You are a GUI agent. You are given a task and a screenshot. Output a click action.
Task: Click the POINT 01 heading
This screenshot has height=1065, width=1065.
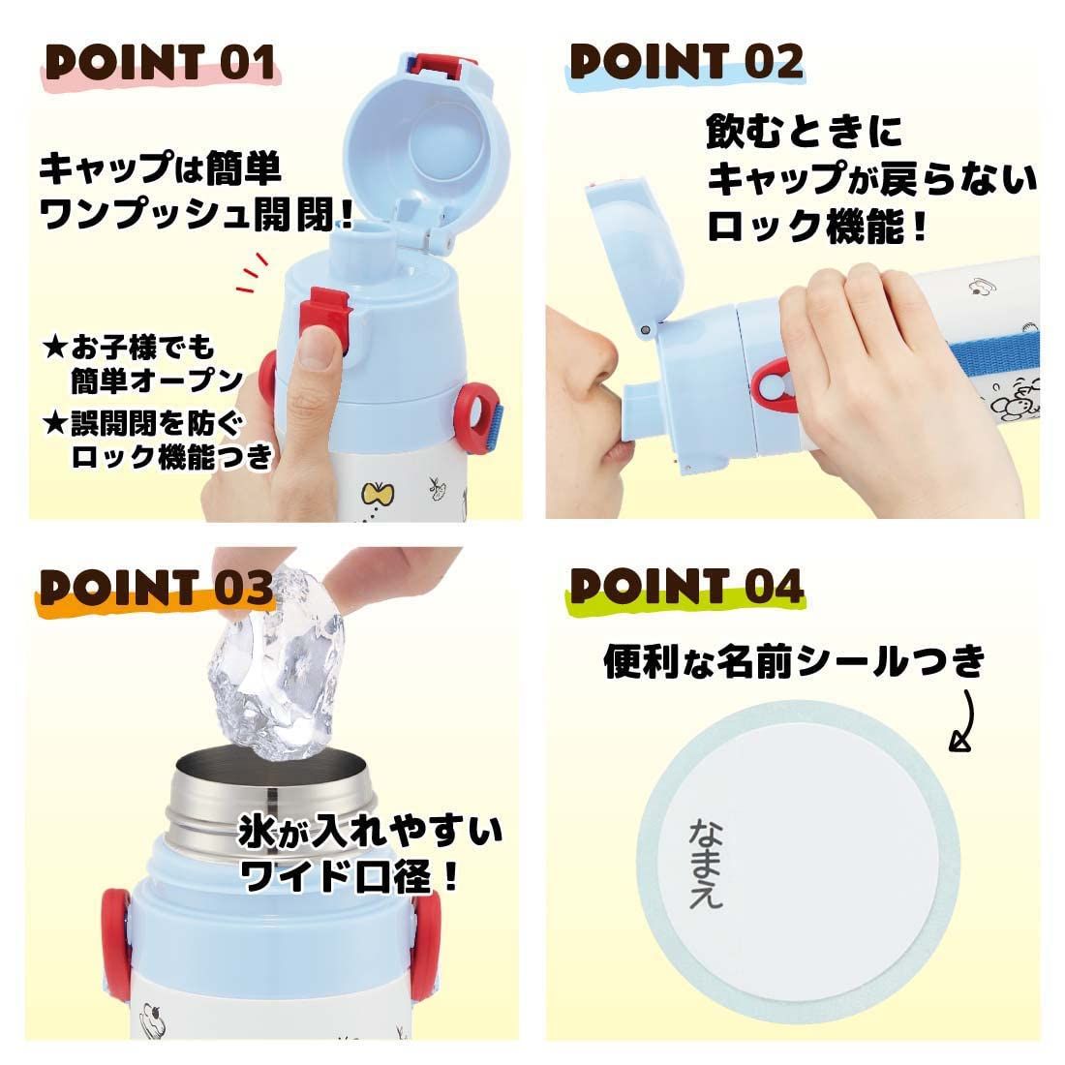161,63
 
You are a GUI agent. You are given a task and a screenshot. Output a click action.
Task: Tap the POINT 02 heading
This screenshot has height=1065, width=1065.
686,62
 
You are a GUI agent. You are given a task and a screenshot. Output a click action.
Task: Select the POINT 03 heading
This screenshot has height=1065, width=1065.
155,587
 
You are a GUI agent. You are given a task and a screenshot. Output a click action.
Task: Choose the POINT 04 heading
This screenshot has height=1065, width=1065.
686,587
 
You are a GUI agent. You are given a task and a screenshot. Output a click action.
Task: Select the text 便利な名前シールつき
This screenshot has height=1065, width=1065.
794,662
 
